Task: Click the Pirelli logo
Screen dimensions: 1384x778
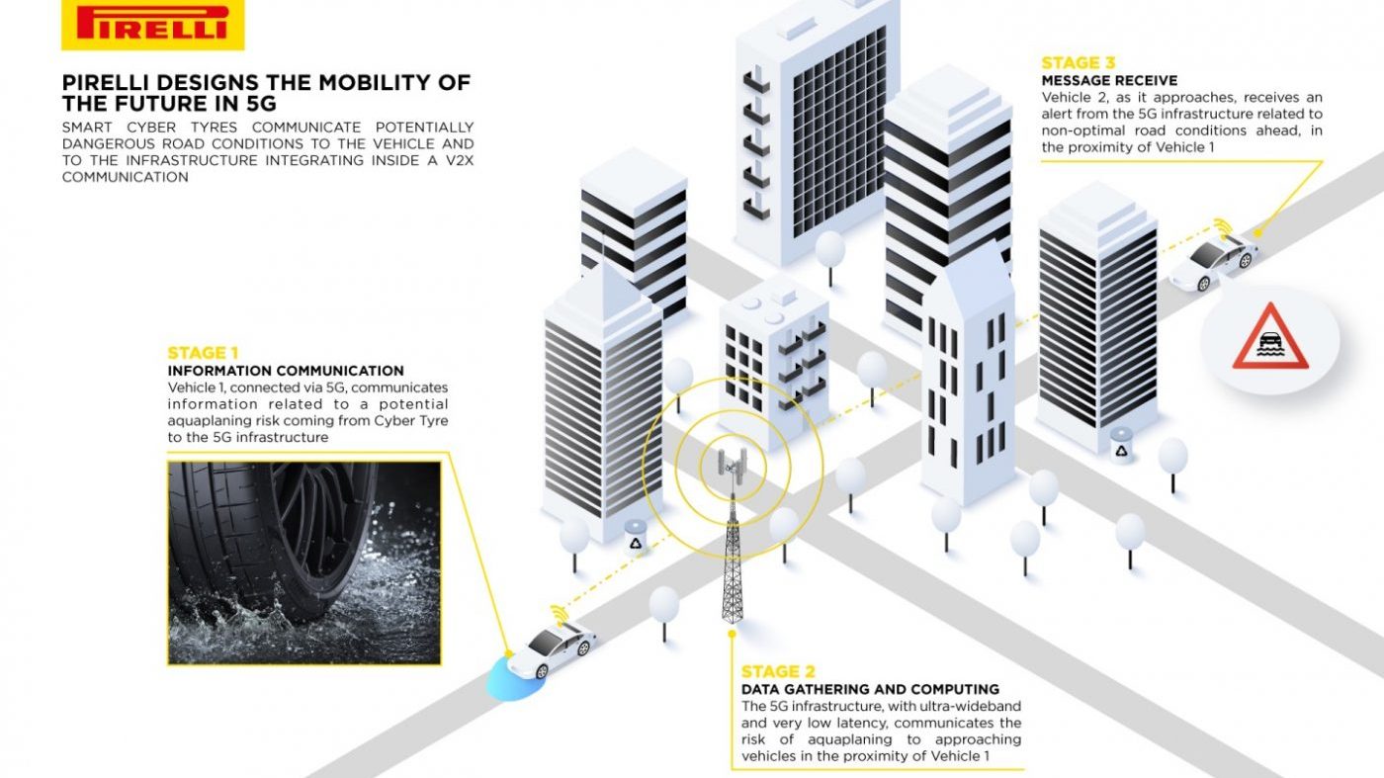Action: [152, 26]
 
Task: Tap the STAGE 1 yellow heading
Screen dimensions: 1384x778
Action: [203, 353]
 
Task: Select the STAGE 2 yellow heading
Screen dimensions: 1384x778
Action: [778, 671]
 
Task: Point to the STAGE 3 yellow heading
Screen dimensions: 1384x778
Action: [1079, 63]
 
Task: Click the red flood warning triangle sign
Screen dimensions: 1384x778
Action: [1269, 337]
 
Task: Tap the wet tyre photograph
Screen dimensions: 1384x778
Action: [304, 562]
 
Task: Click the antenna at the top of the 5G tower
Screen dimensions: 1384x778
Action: [733, 463]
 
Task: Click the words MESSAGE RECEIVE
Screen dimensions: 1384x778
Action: [1109, 81]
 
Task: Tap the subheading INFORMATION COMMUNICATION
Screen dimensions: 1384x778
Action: [286, 371]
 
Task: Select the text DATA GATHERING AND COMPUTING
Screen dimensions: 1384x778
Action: [870, 690]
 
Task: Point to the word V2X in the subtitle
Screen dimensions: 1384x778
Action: [458, 161]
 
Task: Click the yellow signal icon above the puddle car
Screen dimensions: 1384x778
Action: [559, 614]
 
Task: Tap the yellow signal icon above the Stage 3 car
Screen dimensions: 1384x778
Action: [1222, 226]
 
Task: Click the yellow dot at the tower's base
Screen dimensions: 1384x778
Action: [733, 634]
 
